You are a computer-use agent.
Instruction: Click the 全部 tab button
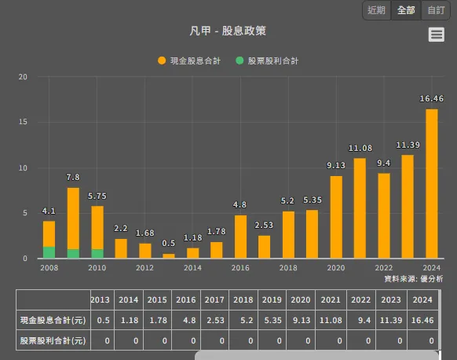(x=406, y=10)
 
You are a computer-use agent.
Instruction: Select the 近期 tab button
(x=376, y=10)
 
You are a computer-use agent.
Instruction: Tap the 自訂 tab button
(x=435, y=10)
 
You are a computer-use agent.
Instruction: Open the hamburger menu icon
(x=437, y=35)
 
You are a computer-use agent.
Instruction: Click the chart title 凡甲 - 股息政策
(x=228, y=31)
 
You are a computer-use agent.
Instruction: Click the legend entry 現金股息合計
(x=189, y=61)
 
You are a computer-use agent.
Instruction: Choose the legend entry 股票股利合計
(x=267, y=61)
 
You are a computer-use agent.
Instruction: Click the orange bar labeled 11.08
(x=360, y=208)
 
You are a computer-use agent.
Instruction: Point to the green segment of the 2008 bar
(x=49, y=252)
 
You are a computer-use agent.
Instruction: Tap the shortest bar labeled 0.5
(x=169, y=255)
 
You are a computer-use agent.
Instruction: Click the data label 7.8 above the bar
(x=73, y=177)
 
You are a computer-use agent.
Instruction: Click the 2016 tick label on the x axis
(x=240, y=268)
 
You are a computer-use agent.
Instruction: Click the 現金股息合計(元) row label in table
(x=53, y=320)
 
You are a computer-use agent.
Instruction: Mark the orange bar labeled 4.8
(x=240, y=237)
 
